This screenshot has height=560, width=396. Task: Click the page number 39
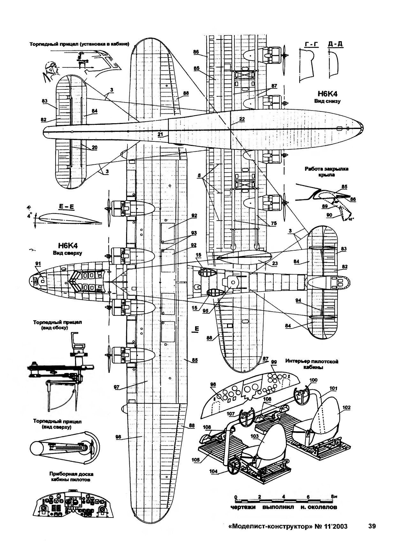click(371, 526)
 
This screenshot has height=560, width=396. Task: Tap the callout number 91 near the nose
click(38, 264)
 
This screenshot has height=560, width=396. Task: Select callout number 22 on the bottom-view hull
click(241, 119)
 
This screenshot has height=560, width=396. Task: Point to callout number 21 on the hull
click(161, 134)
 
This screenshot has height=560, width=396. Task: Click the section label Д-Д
click(335, 44)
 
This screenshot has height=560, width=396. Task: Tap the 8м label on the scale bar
click(334, 497)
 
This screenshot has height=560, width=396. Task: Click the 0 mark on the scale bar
click(236, 497)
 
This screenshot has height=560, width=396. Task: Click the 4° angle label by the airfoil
click(30, 216)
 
